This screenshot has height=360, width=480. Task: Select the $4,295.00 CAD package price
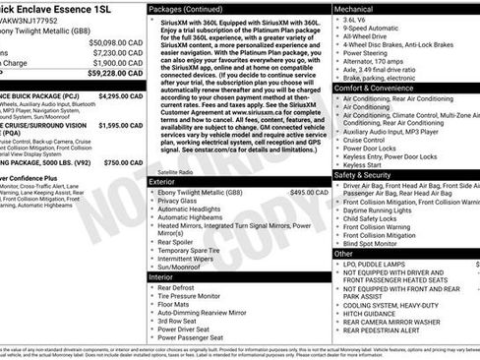tap(122, 96)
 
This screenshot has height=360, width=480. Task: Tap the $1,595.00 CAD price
tap(122, 126)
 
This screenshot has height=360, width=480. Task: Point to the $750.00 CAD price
tap(123, 161)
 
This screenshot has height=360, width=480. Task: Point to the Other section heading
tap(344, 253)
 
